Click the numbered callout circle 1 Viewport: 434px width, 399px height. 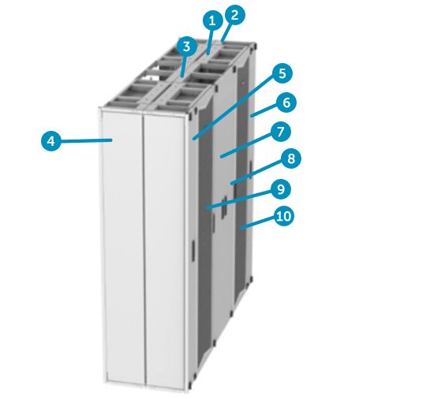tap(211, 19)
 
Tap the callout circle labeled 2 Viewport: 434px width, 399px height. tap(234, 13)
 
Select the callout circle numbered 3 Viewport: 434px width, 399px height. tap(185, 47)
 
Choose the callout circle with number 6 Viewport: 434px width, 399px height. tap(286, 103)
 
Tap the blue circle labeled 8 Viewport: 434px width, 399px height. tap(290, 159)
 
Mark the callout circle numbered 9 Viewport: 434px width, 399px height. tap(279, 189)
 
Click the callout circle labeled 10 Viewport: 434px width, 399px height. tap(282, 215)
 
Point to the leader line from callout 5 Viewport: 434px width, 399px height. tap(237, 106)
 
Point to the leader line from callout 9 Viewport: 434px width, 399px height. tap(241, 198)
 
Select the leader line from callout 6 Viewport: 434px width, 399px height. tap(265, 110)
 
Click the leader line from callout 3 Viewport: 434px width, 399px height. tap(184, 63)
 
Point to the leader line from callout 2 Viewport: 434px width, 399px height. tap(228, 28)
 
